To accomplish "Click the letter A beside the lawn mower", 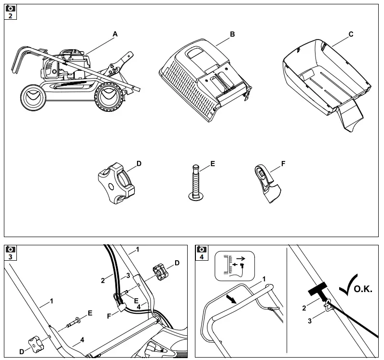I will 115,34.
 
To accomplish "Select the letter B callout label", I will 232,34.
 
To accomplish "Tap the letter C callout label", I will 351,34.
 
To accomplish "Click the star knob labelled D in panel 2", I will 115,182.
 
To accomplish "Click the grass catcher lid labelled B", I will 205,77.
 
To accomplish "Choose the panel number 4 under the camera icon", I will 202,256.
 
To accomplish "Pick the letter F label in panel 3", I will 110,316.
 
